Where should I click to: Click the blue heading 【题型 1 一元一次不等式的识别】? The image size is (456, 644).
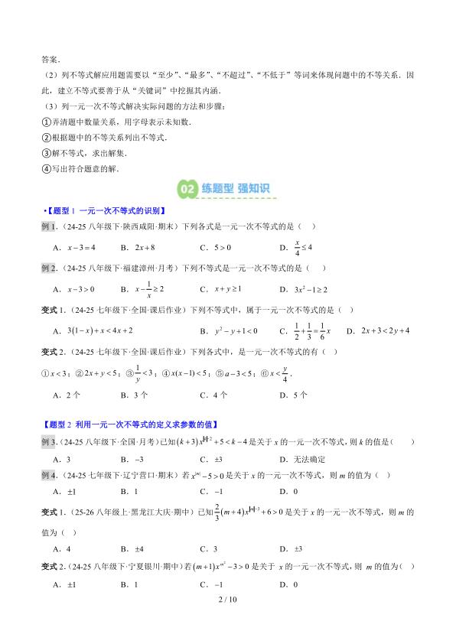point(105,211)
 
